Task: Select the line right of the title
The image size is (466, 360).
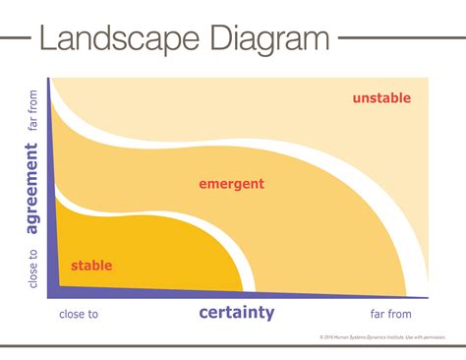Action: click(397, 38)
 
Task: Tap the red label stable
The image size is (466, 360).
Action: click(91, 266)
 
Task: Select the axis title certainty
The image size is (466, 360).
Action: click(236, 314)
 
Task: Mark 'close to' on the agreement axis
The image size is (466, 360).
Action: click(33, 267)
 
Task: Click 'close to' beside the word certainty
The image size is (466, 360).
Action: click(79, 315)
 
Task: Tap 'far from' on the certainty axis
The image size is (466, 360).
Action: click(390, 315)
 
